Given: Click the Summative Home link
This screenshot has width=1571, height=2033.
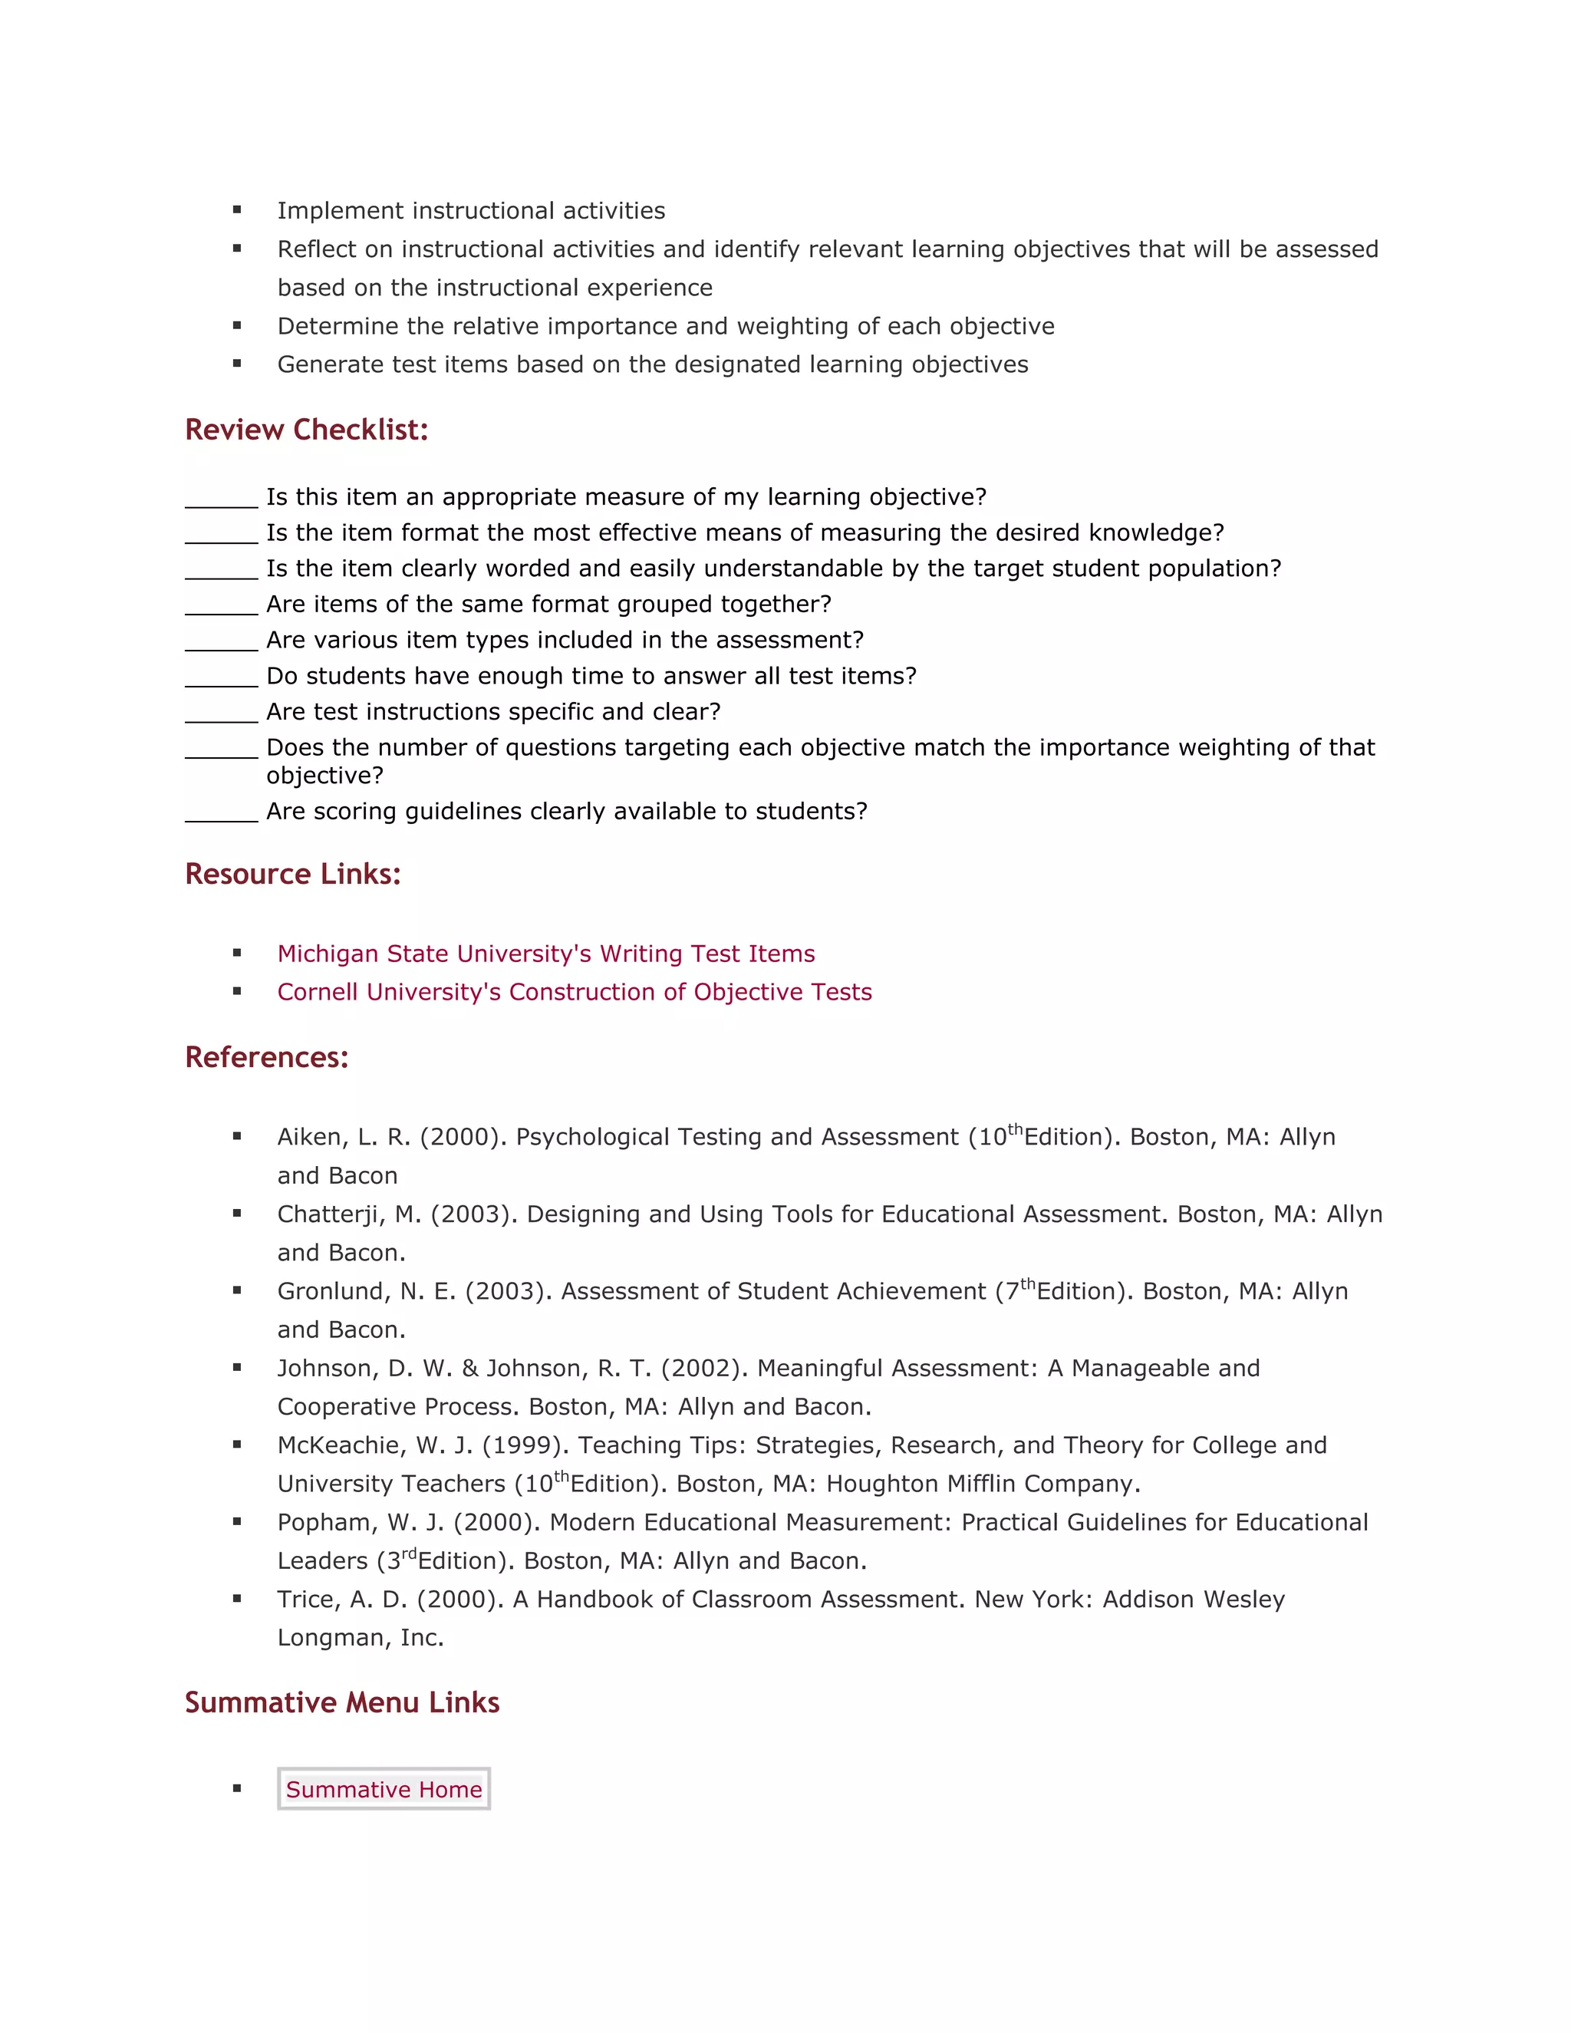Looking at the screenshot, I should point(384,1789).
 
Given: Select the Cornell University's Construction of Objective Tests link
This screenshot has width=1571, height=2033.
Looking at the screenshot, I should point(575,991).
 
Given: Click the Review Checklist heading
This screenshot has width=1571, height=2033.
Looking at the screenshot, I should point(306,430).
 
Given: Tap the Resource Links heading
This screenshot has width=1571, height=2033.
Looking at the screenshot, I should point(292,874).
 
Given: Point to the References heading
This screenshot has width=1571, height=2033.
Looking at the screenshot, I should point(266,1057).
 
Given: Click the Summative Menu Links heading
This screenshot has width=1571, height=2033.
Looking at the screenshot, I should point(341,1702).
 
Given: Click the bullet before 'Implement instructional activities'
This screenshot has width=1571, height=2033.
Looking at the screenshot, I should point(237,210).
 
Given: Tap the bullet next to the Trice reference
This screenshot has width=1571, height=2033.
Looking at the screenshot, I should point(237,1600).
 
